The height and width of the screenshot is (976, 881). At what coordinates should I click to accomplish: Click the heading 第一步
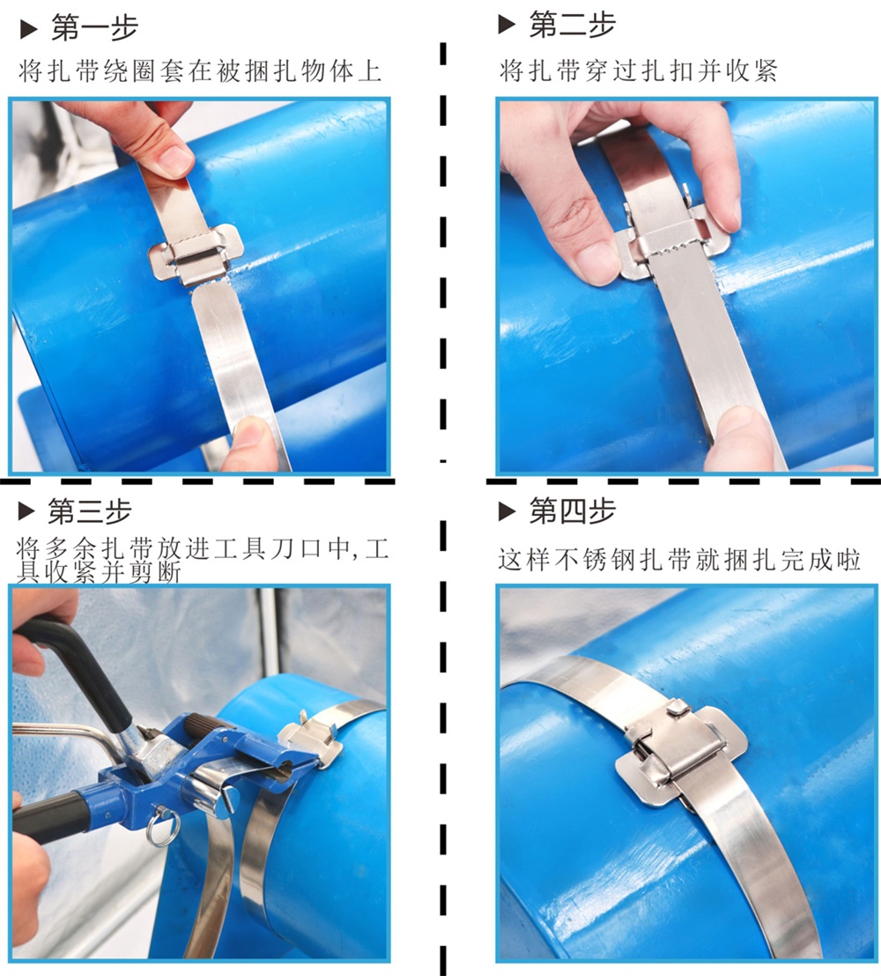pyautogui.click(x=94, y=27)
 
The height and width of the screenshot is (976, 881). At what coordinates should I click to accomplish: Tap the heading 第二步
pyautogui.click(x=573, y=25)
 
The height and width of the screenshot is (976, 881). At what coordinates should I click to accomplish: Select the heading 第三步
pyautogui.click(x=90, y=511)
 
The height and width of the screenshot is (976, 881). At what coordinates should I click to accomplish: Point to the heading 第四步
pyautogui.click(x=573, y=511)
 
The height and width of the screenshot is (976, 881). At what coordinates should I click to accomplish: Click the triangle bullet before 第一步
pyautogui.click(x=28, y=29)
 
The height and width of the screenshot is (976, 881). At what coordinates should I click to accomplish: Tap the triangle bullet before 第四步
pyautogui.click(x=507, y=511)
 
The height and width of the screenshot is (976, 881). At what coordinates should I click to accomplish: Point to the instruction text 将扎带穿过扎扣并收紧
pyautogui.click(x=639, y=71)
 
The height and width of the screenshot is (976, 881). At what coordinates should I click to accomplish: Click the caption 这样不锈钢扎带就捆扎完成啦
pyautogui.click(x=679, y=560)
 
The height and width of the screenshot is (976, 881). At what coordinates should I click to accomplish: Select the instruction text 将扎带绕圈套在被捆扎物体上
pyautogui.click(x=200, y=71)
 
